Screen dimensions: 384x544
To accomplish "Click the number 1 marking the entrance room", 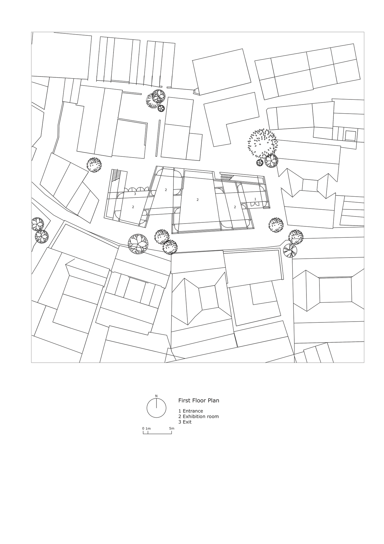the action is point(255,199).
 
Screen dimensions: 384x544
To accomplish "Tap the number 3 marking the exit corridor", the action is point(135,194).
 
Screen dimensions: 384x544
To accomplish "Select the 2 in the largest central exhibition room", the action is point(198,200).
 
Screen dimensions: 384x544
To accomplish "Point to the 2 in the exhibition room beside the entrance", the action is point(235,207).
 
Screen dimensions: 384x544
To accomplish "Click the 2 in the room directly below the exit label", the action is point(133,207).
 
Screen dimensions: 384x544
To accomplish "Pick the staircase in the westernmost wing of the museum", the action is point(115,176).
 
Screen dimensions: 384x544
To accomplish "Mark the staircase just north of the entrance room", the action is point(226,177).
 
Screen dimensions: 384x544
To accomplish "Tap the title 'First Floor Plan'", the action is point(199,401).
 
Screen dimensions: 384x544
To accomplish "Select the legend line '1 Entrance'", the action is point(191,411).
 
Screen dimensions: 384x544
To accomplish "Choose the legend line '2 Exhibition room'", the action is point(199,416).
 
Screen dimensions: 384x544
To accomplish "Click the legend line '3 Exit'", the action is point(185,422).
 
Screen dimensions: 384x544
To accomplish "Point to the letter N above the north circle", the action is point(156,396).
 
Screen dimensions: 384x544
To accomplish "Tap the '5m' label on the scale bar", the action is point(172,428).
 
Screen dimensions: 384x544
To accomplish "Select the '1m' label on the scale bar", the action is point(148,428).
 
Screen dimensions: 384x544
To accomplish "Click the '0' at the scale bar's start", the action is point(143,428).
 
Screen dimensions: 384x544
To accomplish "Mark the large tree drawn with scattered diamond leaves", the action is point(262,143).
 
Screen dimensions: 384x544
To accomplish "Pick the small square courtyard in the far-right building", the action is point(350,136).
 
